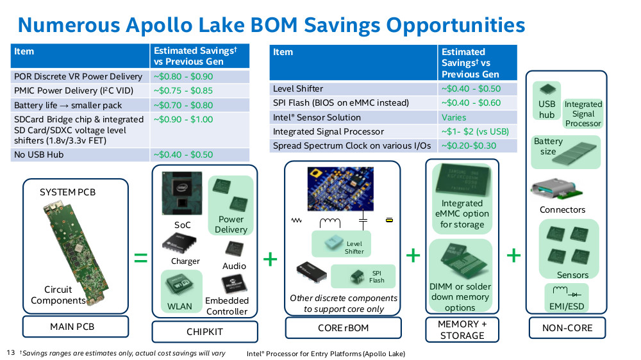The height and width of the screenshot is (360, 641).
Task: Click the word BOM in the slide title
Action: coord(274,25)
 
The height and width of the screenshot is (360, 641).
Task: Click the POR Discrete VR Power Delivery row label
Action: coord(78,76)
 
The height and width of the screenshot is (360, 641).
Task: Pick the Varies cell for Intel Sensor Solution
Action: coord(454,118)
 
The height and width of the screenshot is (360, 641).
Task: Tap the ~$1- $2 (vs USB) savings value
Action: coord(475,131)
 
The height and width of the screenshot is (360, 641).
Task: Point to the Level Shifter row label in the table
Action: coord(298,88)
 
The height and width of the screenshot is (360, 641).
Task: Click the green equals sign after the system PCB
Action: coord(140,258)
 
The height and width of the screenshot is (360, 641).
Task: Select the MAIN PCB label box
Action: coord(76,327)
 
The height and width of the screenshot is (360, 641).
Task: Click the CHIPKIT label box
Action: coord(205,331)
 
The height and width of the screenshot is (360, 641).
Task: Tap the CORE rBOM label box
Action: coord(344,328)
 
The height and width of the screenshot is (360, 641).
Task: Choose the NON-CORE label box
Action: coord(567,328)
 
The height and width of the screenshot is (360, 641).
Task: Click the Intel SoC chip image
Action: coord(182,193)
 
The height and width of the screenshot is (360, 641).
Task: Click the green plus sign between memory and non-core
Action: coord(514,256)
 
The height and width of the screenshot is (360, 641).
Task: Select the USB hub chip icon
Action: coord(547,90)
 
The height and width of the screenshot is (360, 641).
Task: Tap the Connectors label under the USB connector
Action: coord(563,210)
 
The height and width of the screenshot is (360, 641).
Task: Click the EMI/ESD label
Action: coord(567,306)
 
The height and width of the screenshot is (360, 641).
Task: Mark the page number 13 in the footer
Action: coord(11,352)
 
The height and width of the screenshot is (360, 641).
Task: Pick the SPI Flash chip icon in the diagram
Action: coord(357,277)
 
